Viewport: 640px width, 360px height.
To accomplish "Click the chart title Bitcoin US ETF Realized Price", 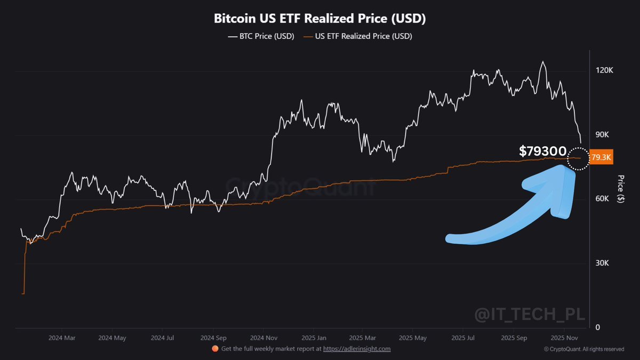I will coord(319,19).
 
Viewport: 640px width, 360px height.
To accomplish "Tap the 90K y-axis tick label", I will coord(603,135).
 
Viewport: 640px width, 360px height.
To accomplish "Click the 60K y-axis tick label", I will coord(603,199).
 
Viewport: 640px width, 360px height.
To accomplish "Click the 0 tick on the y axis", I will coord(598,327).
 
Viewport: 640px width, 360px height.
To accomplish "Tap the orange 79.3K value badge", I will coord(602,158).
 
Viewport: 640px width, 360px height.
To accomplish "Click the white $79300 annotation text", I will coord(543,151).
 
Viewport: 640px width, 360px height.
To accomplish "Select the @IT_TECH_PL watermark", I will coord(530,315).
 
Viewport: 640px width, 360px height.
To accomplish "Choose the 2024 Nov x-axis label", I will coord(265,338).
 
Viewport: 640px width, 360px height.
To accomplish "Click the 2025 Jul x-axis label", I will coord(463,338).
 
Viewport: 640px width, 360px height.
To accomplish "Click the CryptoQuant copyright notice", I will coord(584,349).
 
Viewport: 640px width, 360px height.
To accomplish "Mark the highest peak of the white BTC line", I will coord(543,62).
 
